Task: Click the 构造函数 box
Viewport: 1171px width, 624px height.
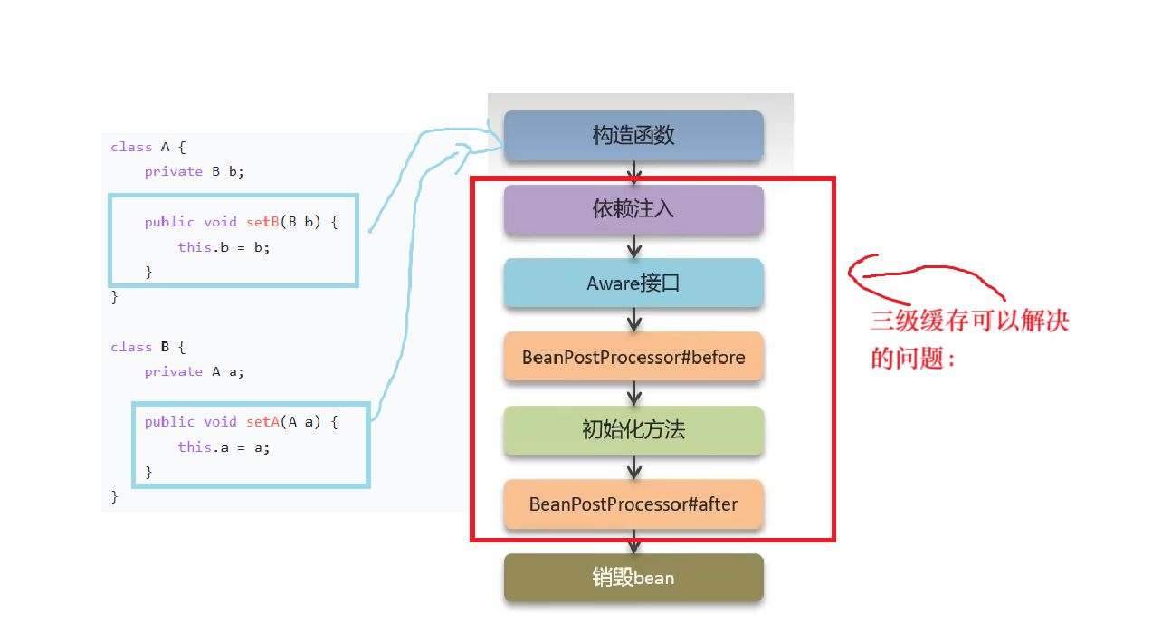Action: click(633, 136)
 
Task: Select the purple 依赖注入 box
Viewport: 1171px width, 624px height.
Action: click(633, 209)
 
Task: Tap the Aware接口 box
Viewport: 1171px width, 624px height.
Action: click(633, 283)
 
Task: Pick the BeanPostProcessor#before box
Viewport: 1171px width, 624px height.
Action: click(633, 357)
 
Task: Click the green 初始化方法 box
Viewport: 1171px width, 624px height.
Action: click(633, 430)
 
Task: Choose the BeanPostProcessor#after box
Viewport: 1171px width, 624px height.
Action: click(633, 504)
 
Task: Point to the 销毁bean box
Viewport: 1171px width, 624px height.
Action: click(633, 577)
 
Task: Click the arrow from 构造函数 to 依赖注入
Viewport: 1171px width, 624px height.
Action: click(634, 173)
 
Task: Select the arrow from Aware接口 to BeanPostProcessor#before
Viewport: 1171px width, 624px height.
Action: click(634, 320)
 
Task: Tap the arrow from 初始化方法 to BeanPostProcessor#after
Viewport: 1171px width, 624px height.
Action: click(634, 466)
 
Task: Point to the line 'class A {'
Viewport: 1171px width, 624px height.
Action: click(148, 147)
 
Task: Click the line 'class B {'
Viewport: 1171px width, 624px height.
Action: click(148, 347)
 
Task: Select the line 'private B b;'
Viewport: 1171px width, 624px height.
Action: click(194, 171)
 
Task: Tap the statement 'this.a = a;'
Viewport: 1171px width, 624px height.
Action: click(224, 446)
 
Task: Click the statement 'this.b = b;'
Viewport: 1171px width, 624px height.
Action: click(224, 246)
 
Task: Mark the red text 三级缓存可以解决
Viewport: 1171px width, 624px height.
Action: click(969, 322)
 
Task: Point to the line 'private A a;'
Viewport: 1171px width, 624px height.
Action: click(194, 371)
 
